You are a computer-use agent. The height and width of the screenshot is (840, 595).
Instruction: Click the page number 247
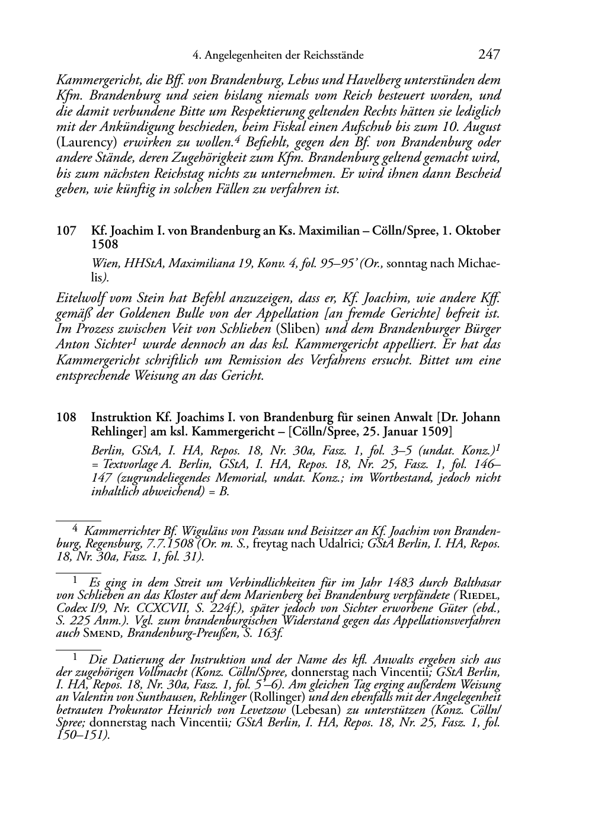(x=489, y=55)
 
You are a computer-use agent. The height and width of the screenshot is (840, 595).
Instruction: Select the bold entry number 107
(x=66, y=231)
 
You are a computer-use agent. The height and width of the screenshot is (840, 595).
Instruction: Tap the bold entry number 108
(x=66, y=417)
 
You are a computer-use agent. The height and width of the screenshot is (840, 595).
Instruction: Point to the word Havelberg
(x=379, y=80)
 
